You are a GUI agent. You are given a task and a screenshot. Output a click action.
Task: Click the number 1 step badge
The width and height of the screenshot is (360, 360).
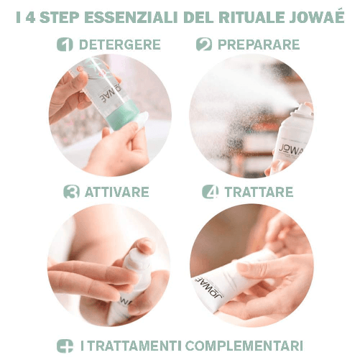click(x=66, y=45)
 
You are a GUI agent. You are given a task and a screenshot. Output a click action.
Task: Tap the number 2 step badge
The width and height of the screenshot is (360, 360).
click(x=204, y=45)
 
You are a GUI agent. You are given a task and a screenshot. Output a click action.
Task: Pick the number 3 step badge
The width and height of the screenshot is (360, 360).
click(x=71, y=192)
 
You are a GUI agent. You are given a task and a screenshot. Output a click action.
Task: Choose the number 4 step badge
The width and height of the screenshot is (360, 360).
click(x=210, y=192)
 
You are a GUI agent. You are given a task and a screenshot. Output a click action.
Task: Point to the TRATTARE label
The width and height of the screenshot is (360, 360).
click(x=259, y=192)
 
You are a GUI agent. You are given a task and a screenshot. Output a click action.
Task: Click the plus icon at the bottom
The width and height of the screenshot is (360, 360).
click(x=65, y=345)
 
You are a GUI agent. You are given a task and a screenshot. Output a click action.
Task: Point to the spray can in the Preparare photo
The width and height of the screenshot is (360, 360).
click(x=291, y=140)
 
